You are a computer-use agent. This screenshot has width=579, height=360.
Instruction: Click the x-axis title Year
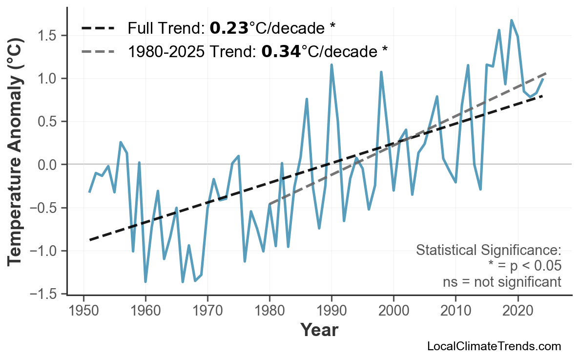[319, 330]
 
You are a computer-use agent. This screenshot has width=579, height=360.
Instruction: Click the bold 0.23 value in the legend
[229, 28]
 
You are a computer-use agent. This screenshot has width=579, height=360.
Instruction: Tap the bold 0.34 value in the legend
[281, 51]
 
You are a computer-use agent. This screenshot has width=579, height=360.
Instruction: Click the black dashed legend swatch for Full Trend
[98, 28]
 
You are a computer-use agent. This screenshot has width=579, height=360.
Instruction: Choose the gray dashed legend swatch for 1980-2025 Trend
[98, 51]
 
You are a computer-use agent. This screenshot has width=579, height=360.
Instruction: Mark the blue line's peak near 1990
[331, 64]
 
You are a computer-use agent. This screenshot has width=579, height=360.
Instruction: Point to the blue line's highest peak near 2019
[511, 20]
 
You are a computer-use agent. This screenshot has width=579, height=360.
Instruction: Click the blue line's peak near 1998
[381, 72]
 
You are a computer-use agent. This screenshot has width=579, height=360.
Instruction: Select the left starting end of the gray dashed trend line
[269, 204]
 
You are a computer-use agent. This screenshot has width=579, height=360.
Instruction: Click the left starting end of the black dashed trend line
[90, 240]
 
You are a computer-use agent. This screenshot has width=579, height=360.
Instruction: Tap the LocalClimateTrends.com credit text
[494, 347]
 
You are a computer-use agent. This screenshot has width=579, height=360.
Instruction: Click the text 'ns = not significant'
[502, 282]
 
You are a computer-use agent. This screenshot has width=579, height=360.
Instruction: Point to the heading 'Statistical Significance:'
[488, 251]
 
